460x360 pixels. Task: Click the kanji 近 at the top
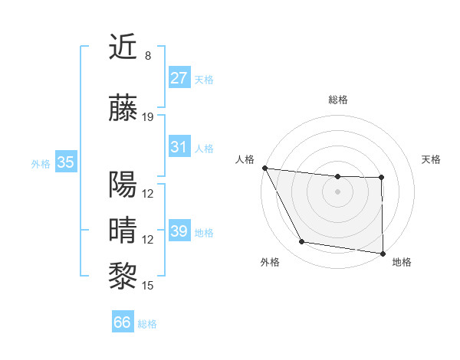click(x=123, y=47)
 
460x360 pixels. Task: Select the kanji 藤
click(x=123, y=110)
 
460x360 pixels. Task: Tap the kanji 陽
click(x=123, y=185)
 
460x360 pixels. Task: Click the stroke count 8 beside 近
click(x=148, y=56)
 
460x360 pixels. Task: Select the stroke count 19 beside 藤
click(x=148, y=117)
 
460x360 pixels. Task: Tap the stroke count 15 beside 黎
click(x=148, y=286)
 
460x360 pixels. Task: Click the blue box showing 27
click(x=179, y=77)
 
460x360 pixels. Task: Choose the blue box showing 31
click(x=179, y=147)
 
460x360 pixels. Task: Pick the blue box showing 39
click(x=179, y=231)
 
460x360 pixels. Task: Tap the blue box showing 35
click(x=65, y=162)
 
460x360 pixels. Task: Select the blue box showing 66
click(x=123, y=323)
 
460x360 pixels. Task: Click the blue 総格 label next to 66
click(x=147, y=324)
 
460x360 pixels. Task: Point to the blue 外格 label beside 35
click(x=41, y=163)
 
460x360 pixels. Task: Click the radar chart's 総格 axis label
click(x=338, y=100)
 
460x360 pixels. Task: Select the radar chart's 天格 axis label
click(x=431, y=159)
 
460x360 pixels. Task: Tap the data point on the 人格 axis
click(x=264, y=168)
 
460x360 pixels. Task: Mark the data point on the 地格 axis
click(x=383, y=253)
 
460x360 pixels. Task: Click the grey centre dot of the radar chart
click(x=337, y=191)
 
